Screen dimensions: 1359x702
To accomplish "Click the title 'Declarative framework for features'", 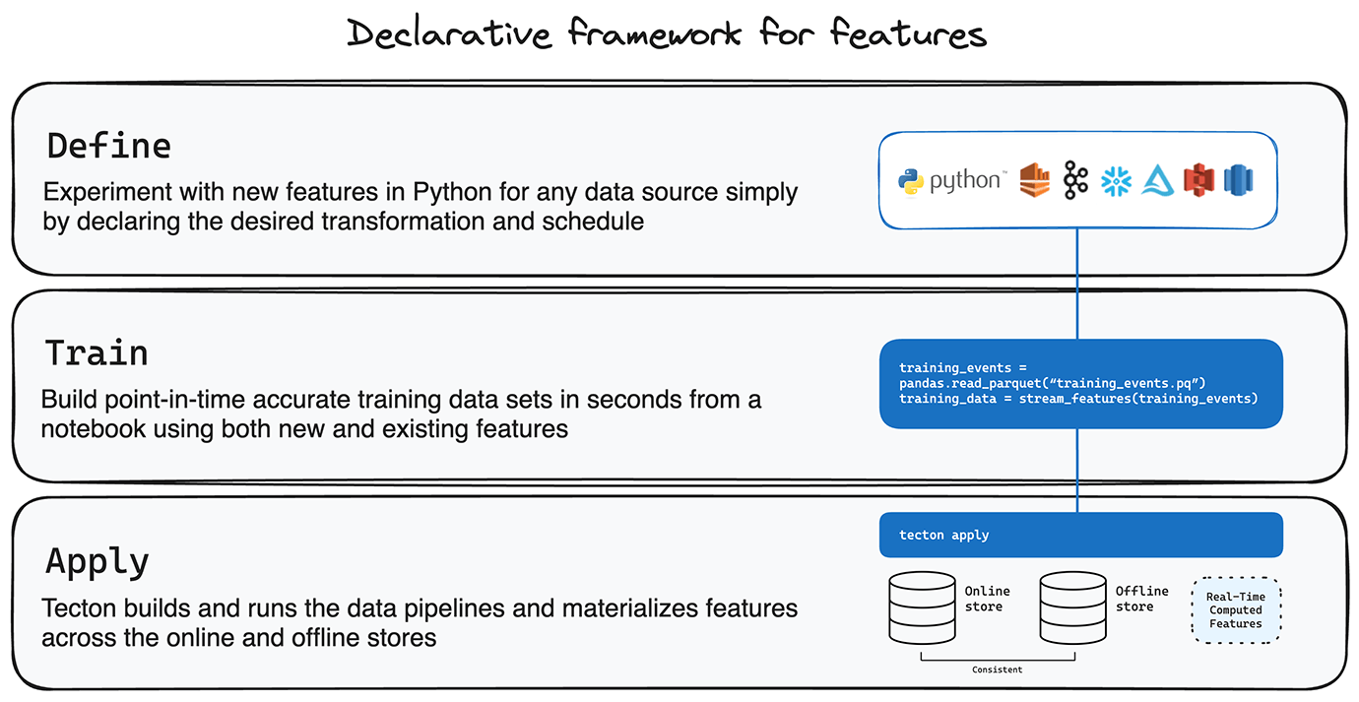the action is tap(666, 32).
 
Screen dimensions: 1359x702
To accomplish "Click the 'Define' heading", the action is tap(109, 147).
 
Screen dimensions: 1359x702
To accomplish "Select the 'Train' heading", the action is tap(97, 353).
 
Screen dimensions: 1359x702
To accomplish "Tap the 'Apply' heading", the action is tap(97, 562).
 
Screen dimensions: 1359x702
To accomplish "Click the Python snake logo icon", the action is tap(911, 181).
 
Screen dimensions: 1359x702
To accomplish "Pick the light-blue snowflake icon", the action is tap(1117, 181).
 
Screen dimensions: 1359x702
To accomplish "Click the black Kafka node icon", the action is tap(1075, 180).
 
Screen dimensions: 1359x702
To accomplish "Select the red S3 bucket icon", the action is tap(1198, 180).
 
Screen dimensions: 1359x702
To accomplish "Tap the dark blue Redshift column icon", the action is tap(1238, 180).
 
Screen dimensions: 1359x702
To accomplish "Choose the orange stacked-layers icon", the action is tap(1035, 180).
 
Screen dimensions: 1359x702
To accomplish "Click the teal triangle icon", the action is tap(1157, 181).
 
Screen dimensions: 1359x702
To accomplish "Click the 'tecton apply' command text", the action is tap(943, 536).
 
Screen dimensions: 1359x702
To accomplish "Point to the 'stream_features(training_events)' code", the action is tap(1138, 399).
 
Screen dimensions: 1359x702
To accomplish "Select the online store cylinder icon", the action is tap(922, 607).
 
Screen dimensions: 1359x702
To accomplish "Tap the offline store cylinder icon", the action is tap(1072, 607).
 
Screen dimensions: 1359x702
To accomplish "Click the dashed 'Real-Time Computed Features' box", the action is tap(1236, 609).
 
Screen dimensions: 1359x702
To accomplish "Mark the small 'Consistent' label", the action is tap(997, 670).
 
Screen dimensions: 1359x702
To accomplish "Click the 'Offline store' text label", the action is tap(1141, 599).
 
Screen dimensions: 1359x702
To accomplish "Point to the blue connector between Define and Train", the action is tap(1077, 284).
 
